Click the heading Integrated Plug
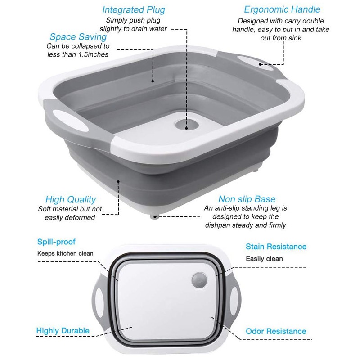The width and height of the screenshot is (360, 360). [x=134, y=10]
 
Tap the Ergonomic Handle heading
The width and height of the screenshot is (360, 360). [x=282, y=9]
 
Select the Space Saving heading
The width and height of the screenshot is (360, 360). [x=78, y=37]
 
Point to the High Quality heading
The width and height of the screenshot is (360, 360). [x=71, y=200]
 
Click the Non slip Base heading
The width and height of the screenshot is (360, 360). [x=247, y=199]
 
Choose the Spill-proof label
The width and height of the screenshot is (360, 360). [x=56, y=242]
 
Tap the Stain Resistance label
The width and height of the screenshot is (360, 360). [x=276, y=247]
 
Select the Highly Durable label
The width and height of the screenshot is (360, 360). [x=63, y=331]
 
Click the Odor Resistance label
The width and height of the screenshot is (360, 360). [x=276, y=331]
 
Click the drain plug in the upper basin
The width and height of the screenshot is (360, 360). [x=187, y=125]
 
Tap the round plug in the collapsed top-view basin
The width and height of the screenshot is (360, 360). [x=199, y=280]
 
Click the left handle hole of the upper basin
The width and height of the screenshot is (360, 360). [x=70, y=120]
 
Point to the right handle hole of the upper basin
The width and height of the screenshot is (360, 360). [x=255, y=63]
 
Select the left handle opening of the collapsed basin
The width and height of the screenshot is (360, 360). [x=99, y=303]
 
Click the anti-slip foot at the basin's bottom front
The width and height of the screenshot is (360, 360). [x=155, y=216]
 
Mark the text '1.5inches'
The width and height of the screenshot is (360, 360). [x=94, y=54]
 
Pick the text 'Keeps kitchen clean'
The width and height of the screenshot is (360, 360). [x=65, y=253]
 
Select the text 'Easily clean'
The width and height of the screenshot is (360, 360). [x=264, y=259]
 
